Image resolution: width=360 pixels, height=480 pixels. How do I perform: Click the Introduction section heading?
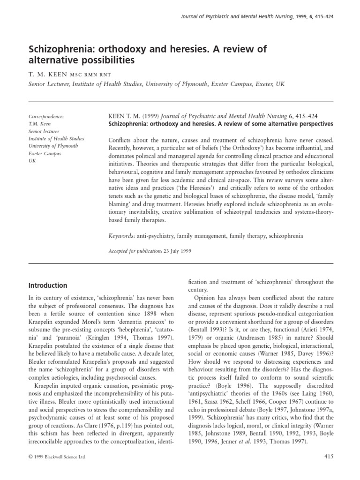point(48,285)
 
